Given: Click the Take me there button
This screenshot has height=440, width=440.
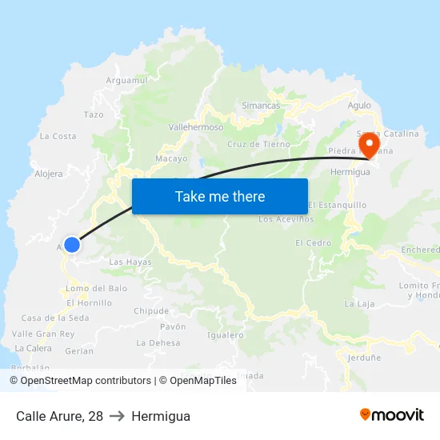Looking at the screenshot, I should (x=220, y=197).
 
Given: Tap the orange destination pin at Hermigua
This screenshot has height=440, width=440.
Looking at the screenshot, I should (x=370, y=145).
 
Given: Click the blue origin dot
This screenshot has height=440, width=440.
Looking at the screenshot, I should (x=72, y=245).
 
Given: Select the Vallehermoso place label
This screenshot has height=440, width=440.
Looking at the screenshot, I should (x=196, y=127).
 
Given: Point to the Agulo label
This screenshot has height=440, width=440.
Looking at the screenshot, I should (x=359, y=105).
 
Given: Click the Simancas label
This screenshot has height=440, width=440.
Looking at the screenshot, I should (x=261, y=106).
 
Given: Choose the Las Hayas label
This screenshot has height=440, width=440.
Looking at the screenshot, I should (x=130, y=262).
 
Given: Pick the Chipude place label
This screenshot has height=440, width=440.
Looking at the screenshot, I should (x=151, y=311).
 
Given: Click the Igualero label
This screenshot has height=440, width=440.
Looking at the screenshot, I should (x=225, y=336).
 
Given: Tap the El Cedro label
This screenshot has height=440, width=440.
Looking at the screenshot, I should (x=313, y=243).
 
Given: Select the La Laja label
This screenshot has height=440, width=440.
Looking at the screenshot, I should (x=360, y=304).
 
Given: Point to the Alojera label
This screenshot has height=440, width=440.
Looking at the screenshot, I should (x=49, y=174).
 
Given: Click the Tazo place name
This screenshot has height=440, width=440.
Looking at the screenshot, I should (x=94, y=115).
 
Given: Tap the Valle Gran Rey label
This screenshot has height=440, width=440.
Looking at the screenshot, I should (x=43, y=334).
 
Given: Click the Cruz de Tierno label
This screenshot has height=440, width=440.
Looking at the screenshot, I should (x=258, y=145).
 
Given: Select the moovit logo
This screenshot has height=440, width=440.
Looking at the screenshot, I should (x=392, y=415).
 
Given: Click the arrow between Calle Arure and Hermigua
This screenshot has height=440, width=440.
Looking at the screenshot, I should (x=118, y=416).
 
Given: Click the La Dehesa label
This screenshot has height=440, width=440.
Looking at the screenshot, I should (x=158, y=343).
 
